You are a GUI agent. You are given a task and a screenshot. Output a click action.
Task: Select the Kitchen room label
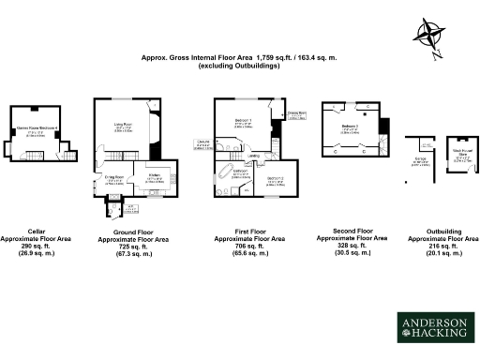click(155, 175)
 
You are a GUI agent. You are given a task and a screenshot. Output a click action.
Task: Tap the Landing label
click(253, 142)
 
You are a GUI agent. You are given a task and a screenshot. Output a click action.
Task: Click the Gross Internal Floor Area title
click(239, 61)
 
